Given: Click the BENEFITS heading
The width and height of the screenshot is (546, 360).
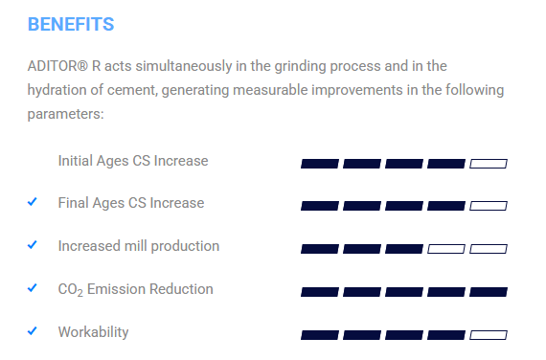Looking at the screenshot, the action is (71, 24).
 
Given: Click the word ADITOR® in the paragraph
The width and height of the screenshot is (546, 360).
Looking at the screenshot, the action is (57, 66).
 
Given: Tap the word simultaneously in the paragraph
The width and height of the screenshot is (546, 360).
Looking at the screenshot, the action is (184, 67).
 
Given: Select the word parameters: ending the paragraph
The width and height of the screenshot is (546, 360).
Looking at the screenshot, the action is (66, 114).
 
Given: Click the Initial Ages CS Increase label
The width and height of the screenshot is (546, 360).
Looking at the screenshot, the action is (133, 161).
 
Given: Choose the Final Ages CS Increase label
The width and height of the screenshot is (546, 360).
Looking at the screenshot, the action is (131, 203).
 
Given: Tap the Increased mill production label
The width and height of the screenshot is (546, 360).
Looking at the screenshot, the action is (139, 246).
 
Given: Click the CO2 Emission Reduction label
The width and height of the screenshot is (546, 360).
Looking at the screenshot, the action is (135, 290).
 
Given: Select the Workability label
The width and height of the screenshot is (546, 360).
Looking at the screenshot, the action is (93, 332).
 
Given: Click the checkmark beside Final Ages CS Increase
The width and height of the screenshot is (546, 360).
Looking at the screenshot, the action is (32, 202).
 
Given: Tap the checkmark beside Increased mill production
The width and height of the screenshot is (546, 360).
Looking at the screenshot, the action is (32, 245).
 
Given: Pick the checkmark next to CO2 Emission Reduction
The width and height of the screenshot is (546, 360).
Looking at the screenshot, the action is (32, 288).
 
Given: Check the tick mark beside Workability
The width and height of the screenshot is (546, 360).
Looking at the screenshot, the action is (32, 330).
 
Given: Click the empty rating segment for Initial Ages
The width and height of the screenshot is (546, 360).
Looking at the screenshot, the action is (489, 164).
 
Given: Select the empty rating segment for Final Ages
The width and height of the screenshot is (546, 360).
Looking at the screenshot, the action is (489, 206).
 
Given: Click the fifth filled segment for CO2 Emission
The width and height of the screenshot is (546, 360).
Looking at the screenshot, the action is (489, 292).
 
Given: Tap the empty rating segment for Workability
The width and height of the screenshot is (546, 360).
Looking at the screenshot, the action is (489, 335).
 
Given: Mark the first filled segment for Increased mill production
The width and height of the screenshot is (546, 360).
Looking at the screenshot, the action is (320, 249).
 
